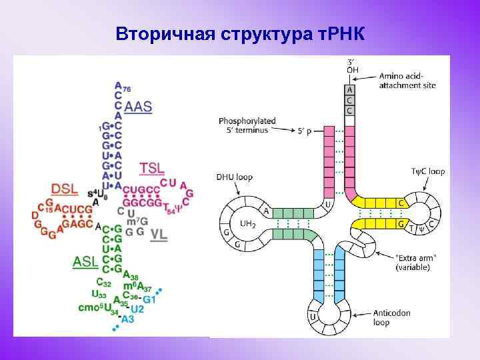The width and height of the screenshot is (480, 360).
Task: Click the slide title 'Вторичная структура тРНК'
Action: point(240,33)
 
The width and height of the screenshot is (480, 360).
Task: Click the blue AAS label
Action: point(138,107)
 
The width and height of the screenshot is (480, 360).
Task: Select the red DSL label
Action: point(65,189)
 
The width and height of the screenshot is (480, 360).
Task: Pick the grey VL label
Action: point(159,234)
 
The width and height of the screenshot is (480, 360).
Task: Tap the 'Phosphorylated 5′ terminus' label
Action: point(247,125)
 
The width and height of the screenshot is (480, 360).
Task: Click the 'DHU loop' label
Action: point(234,177)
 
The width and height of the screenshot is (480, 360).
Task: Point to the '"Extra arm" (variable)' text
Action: point(413,263)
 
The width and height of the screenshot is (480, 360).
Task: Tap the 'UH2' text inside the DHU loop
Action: point(248,225)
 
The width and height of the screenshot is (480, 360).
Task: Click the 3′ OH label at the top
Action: point(351,67)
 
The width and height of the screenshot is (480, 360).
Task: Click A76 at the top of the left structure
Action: point(121,87)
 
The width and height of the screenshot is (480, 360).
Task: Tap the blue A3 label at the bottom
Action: point(127,319)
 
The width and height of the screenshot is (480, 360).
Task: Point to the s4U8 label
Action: point(97,193)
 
